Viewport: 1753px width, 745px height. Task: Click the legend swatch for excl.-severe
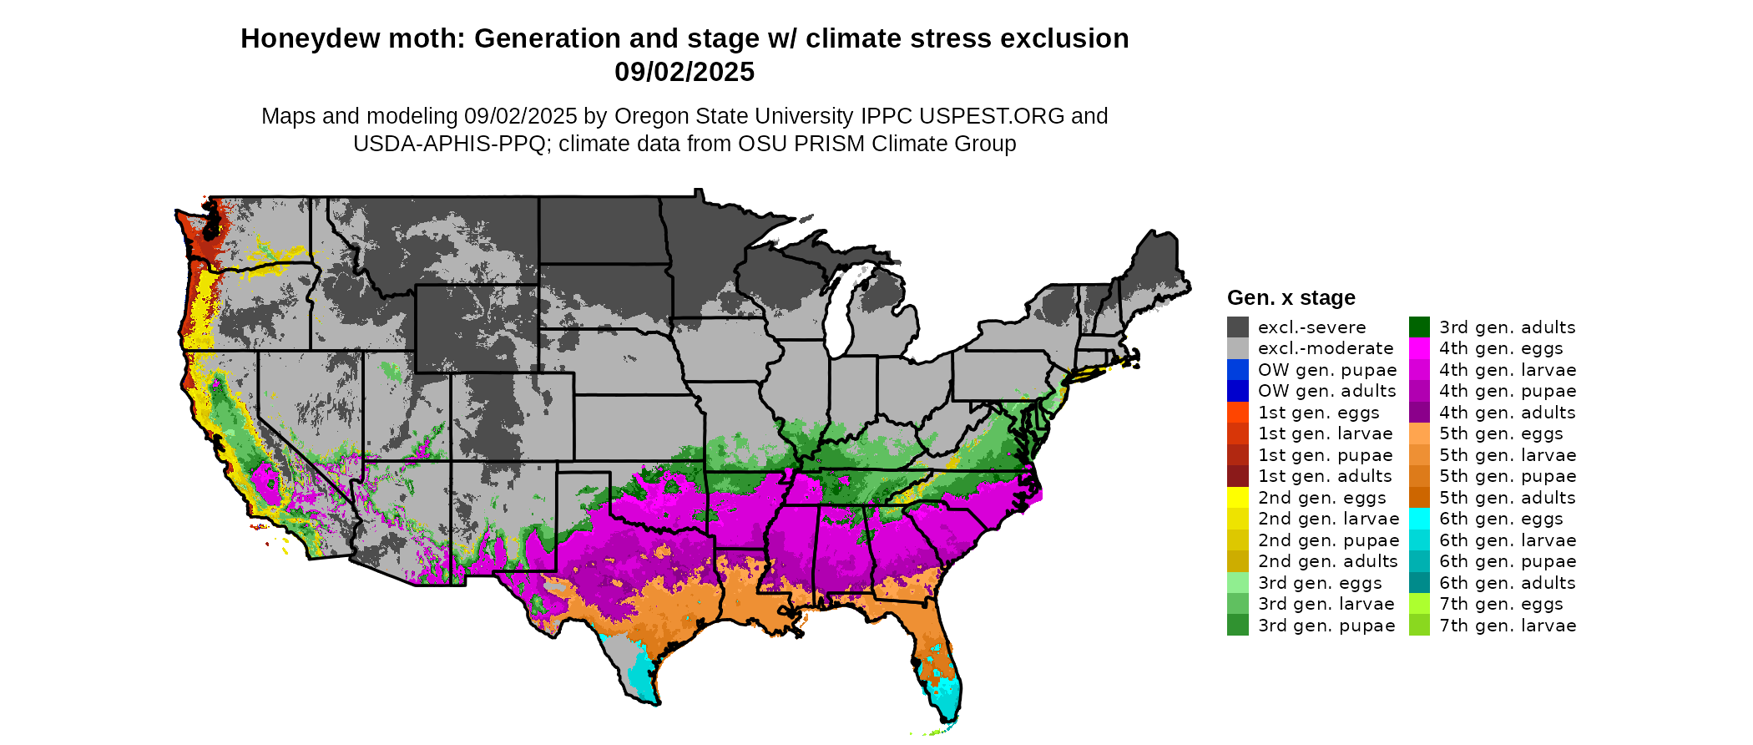click(x=1237, y=327)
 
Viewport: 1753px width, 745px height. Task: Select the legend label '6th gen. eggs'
click(x=1501, y=519)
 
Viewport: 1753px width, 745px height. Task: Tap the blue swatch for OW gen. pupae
click(x=1237, y=370)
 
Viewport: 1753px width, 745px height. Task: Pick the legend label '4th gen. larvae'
click(x=1508, y=370)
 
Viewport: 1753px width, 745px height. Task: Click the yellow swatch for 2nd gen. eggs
click(x=1237, y=498)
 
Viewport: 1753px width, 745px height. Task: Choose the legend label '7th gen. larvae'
click(x=1508, y=626)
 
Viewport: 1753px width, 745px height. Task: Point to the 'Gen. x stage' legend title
click(x=1291, y=298)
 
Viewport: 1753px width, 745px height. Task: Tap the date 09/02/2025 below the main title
click(x=685, y=73)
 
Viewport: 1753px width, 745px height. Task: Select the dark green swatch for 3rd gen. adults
click(x=1419, y=327)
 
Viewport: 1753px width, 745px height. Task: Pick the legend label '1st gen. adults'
click(x=1325, y=476)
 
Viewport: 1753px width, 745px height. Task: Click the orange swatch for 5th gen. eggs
click(x=1419, y=433)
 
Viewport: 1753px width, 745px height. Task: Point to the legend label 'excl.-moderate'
click(x=1326, y=348)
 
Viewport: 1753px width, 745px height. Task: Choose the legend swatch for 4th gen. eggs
click(x=1419, y=348)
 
